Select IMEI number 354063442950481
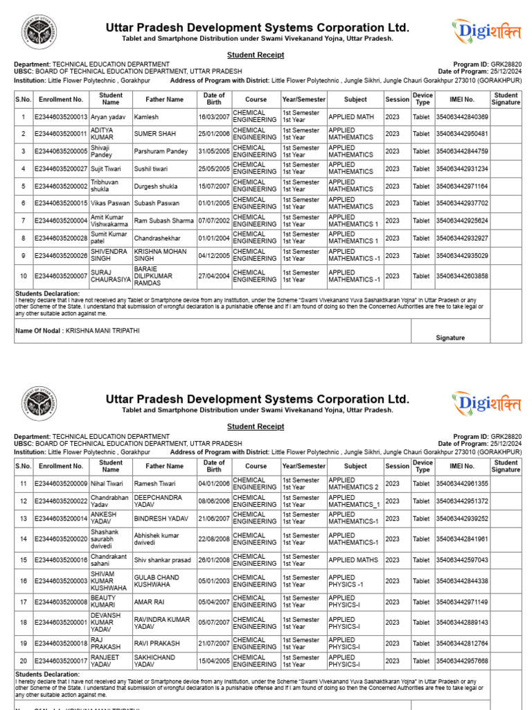pyautogui.click(x=462, y=134)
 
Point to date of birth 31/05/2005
pyautogui.click(x=214, y=151)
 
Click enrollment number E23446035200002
pyautogui.click(x=61, y=187)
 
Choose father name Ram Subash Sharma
pyautogui.click(x=163, y=221)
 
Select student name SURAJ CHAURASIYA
pyautogui.click(x=110, y=276)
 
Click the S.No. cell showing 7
pyautogui.click(x=24, y=221)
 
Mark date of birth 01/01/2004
pyautogui.click(x=214, y=239)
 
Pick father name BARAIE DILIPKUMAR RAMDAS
pyautogui.click(x=154, y=276)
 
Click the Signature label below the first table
pyautogui.click(x=450, y=338)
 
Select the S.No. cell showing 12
pyautogui.click(x=24, y=501)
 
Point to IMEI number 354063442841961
pyautogui.click(x=462, y=539)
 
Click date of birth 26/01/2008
pyautogui.click(x=214, y=560)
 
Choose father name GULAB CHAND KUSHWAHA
pyautogui.click(x=157, y=581)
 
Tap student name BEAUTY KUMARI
pyautogui.click(x=104, y=602)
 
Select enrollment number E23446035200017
pyautogui.click(x=61, y=661)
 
